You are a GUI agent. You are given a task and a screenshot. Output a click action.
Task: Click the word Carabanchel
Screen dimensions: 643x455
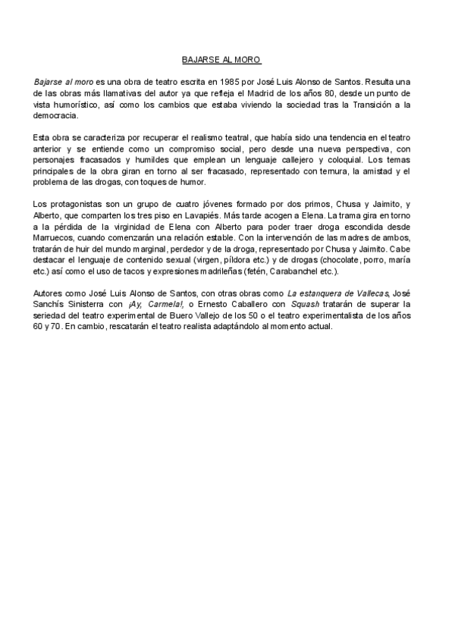click(x=293, y=271)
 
